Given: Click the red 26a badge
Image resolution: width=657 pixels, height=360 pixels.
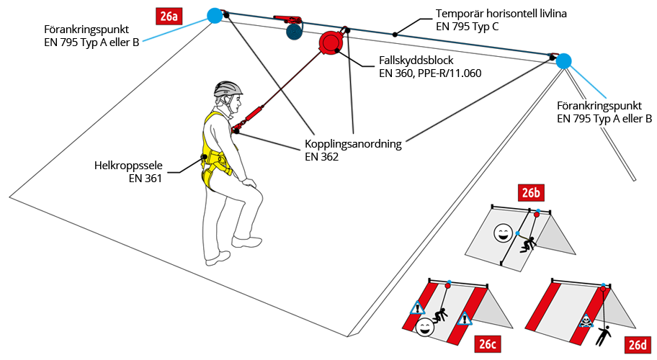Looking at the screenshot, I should (x=170, y=14).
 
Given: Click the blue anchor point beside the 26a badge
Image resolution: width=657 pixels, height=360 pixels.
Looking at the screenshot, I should (x=214, y=15).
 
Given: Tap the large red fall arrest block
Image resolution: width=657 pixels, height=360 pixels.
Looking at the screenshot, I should (x=330, y=42).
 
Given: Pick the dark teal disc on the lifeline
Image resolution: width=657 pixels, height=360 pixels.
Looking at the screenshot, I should (x=294, y=32).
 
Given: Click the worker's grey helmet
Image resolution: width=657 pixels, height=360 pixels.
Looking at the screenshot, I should (x=228, y=89).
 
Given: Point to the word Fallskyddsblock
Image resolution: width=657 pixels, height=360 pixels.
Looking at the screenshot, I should (x=416, y=60).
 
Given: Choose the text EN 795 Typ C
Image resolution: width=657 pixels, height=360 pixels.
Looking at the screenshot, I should (x=468, y=27).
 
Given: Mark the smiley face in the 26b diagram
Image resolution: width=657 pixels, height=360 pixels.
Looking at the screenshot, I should (x=502, y=233).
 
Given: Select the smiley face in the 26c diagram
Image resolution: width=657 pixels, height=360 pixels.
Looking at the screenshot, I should (x=424, y=328).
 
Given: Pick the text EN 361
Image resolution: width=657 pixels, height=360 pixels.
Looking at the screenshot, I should (x=146, y=179).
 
